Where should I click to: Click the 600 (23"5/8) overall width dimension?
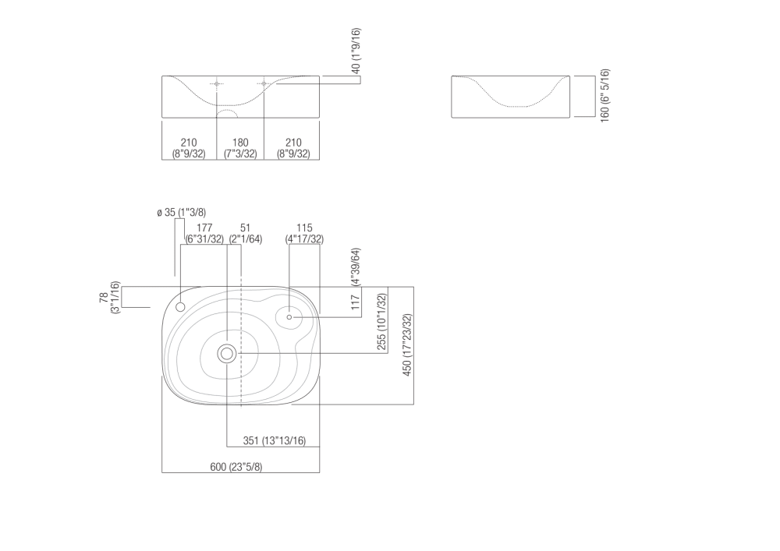236,467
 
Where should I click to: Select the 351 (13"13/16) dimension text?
274,441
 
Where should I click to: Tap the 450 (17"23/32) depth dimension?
406,344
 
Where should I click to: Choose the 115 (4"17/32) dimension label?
304,234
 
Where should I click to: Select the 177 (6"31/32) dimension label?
204,234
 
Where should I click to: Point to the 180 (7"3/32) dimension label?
241,148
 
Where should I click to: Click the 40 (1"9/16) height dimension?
356,51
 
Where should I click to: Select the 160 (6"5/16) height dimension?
605,95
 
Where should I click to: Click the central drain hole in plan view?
227,354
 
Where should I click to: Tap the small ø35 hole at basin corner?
180,307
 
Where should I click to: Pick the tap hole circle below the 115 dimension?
289,316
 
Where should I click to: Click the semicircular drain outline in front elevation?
226,114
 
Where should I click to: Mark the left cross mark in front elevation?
217,83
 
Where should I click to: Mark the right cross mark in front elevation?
264,83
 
